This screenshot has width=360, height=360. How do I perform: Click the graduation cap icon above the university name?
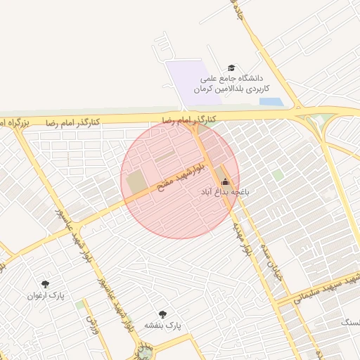click(x=231, y=67)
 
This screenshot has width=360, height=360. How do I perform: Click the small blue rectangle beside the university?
click(x=271, y=102)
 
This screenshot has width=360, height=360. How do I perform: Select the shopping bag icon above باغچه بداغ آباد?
click(x=225, y=181)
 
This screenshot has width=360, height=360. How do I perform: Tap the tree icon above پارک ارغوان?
click(x=46, y=284)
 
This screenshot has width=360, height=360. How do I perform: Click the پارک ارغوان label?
click(x=46, y=295)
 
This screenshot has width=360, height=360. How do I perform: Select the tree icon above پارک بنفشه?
click(x=163, y=314)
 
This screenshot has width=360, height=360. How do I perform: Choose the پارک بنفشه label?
click(x=163, y=326)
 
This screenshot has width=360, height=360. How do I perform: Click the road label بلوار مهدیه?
click(x=242, y=241)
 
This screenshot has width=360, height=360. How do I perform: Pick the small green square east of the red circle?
click(x=278, y=174)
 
